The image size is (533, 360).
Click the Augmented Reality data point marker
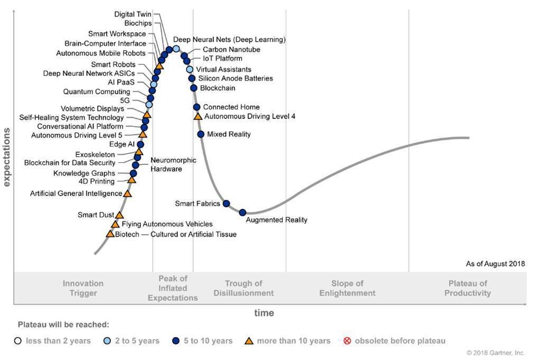tap(242, 213)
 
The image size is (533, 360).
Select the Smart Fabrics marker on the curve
tap(226, 204)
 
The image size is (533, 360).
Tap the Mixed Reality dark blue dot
tap(201, 134)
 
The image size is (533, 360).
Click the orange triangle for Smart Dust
tap(119, 215)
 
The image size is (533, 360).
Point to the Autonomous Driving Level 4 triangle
tap(198, 116)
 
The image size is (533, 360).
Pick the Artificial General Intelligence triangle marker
tap(127, 193)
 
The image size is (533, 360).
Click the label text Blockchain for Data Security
tap(70, 163)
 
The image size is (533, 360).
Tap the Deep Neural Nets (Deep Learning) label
tap(229, 40)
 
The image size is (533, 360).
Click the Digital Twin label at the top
tap(133, 14)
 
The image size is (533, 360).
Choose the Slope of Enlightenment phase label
tap(347, 288)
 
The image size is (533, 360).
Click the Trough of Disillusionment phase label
tap(244, 288)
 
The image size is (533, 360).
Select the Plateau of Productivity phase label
tap(467, 288)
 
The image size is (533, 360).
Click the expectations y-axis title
tap(7, 157)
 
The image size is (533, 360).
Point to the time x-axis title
tap(264, 313)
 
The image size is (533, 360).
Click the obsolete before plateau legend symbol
tap(347, 341)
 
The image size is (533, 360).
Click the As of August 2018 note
tap(495, 264)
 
